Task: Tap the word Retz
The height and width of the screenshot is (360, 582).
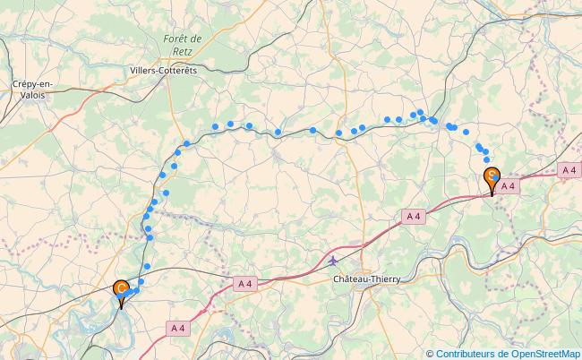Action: tap(183, 52)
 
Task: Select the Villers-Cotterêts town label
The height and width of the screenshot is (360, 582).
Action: tap(169, 69)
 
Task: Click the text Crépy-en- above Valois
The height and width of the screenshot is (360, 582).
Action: tap(32, 83)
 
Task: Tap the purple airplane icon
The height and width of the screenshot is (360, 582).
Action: tap(334, 261)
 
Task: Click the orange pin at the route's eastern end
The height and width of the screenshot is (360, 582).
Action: tap(492, 178)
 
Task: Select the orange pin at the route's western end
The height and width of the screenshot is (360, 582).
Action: tap(121, 291)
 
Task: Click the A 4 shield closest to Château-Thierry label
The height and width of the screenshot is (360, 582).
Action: tap(412, 216)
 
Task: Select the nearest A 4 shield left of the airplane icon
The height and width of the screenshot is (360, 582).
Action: tap(245, 283)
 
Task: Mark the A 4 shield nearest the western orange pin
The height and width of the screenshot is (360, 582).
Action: tap(178, 329)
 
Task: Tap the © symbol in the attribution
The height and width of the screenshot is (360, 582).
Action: tap(430, 353)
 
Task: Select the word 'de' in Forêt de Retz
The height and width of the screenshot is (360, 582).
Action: tap(196, 39)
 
